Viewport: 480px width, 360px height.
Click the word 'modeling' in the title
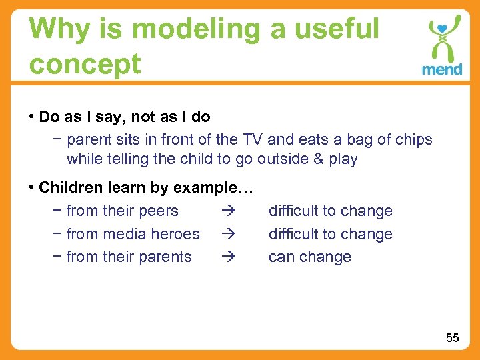pyautogui.click(x=174, y=30)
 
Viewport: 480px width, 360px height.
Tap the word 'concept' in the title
pyautogui.click(x=85, y=64)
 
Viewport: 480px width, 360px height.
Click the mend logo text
pyautogui.click(x=442, y=69)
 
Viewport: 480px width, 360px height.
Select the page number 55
pyautogui.click(x=453, y=338)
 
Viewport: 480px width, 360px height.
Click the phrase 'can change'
pyautogui.click(x=309, y=257)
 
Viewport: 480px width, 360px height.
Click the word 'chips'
pyautogui.click(x=413, y=140)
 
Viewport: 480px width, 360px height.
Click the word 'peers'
pyautogui.click(x=159, y=211)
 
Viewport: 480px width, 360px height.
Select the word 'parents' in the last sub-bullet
pyautogui.click(x=166, y=257)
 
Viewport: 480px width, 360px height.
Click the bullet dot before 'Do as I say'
pyautogui.click(x=32, y=117)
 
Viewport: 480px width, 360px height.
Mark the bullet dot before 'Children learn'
pyautogui.click(x=32, y=188)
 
